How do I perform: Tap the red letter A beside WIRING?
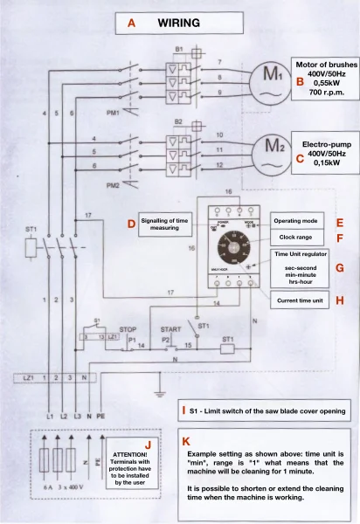click(x=132, y=24)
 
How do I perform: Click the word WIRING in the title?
click(x=179, y=24)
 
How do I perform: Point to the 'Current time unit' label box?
click(x=295, y=301)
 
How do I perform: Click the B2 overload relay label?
click(x=178, y=121)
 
